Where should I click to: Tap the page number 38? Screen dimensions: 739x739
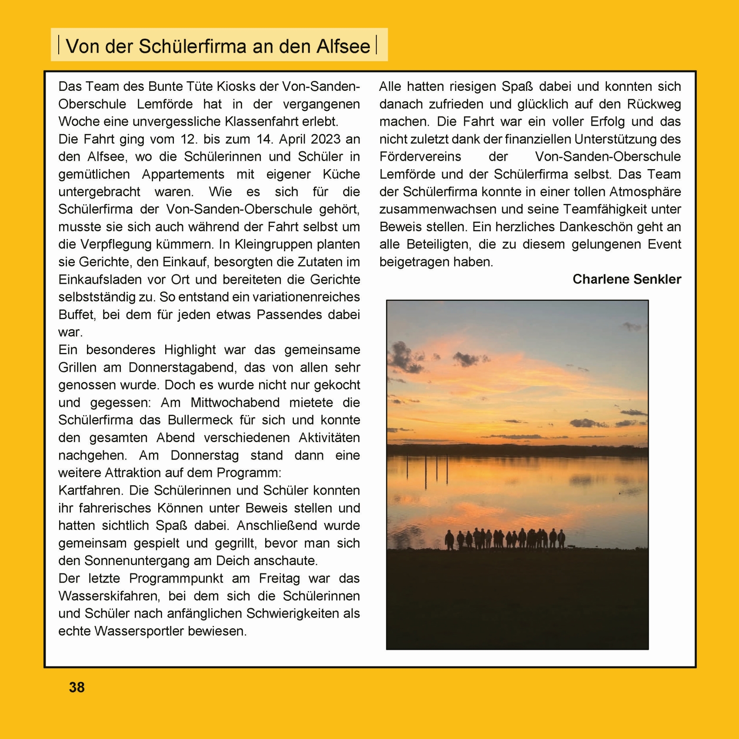coord(77,687)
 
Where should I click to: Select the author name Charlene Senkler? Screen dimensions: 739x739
coord(626,279)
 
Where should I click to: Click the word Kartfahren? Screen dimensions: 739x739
coord(90,490)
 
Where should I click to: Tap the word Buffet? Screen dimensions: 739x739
coord(76,314)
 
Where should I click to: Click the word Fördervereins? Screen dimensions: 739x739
coord(420,156)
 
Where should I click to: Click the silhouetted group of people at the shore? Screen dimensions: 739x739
coord(506,539)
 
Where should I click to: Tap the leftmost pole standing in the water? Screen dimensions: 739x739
coord(407,467)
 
